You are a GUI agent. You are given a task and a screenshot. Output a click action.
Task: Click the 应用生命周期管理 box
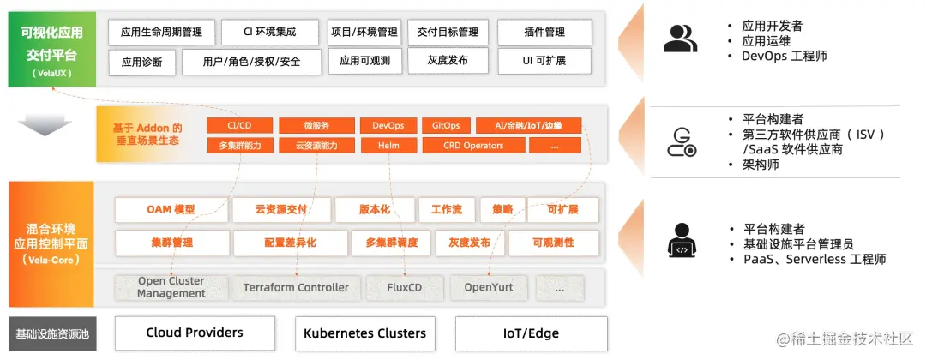tap(162, 33)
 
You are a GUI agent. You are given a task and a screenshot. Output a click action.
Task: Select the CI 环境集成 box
tap(271, 33)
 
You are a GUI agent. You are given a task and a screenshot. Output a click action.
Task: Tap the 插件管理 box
tap(544, 33)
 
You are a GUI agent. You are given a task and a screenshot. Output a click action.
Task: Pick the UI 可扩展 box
tap(544, 62)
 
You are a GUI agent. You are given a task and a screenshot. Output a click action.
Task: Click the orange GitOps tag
tap(446, 126)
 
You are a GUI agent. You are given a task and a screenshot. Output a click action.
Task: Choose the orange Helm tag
tap(388, 146)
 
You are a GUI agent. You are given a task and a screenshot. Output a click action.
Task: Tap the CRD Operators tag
tap(473, 146)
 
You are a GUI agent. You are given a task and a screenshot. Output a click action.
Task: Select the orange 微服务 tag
tap(316, 126)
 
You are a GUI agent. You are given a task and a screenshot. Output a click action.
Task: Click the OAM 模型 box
tap(171, 210)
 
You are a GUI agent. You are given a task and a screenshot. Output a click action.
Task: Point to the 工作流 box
tap(447, 210)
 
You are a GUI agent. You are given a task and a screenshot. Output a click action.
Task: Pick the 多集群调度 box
tap(391, 243)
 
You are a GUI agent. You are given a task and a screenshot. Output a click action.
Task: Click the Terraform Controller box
tap(296, 287)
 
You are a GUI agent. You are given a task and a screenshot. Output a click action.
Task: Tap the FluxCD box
tap(405, 287)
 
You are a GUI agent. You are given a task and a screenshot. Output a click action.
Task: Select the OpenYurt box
tap(489, 287)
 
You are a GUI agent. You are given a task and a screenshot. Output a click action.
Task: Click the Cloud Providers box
tap(195, 333)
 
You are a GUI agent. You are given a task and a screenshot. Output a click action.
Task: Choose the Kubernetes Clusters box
tap(364, 333)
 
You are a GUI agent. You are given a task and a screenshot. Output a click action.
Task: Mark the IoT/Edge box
tap(531, 333)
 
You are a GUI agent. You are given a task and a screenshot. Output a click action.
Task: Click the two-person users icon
tap(681, 39)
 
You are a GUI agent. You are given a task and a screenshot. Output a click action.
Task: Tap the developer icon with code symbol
tap(681, 242)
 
